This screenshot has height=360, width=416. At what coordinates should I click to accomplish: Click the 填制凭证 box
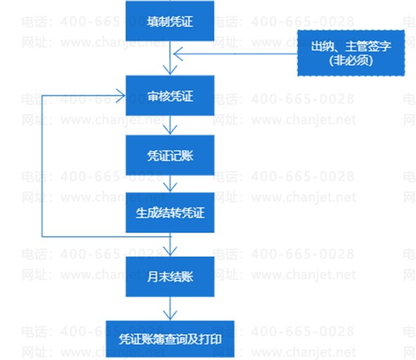click(x=170, y=20)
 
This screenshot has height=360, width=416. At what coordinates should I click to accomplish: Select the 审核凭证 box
click(x=170, y=96)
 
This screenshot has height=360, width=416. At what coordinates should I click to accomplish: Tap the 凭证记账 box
click(x=170, y=155)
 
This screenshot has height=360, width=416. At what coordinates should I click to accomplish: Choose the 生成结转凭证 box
click(x=170, y=212)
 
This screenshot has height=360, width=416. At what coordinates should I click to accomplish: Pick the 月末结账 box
click(x=170, y=276)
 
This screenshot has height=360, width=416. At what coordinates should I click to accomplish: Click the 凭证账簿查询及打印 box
click(x=170, y=339)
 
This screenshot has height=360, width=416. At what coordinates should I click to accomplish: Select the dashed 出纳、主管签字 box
click(x=351, y=53)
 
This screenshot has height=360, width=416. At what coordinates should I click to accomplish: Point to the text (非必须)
click(x=351, y=61)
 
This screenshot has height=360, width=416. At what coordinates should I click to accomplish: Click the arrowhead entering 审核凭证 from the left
click(x=120, y=96)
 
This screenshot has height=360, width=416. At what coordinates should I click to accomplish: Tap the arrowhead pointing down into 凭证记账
click(x=170, y=130)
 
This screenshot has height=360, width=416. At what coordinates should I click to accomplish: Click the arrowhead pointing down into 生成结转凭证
click(x=170, y=187)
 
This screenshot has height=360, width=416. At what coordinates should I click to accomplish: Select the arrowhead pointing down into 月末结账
click(x=170, y=251)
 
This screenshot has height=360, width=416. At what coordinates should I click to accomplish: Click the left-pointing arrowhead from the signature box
click(x=178, y=54)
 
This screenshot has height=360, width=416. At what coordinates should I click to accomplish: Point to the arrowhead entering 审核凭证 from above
click(x=170, y=70)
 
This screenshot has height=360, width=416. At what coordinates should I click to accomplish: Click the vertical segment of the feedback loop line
click(x=42, y=166)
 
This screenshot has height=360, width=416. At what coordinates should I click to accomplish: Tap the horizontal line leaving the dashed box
click(x=235, y=54)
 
